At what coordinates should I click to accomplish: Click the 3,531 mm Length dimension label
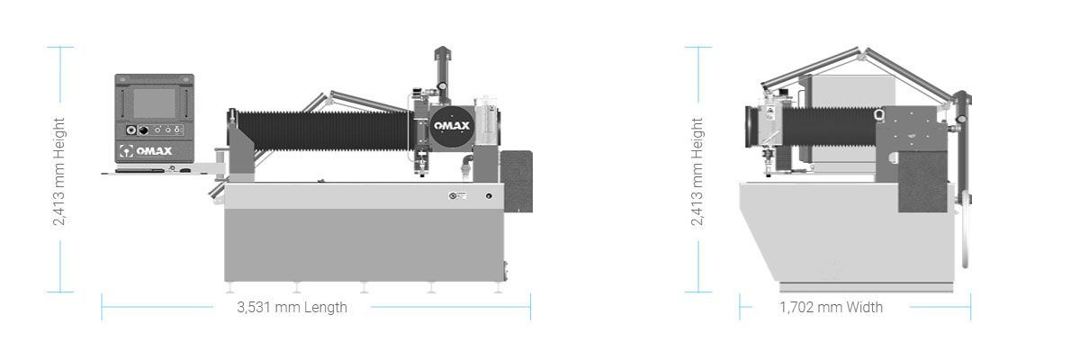tap(292, 307)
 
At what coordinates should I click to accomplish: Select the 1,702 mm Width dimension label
tap(831, 307)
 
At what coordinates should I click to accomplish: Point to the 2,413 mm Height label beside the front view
tap(58, 172)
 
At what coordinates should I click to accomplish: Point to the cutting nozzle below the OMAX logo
tap(422, 171)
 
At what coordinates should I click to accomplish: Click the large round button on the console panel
tap(141, 128)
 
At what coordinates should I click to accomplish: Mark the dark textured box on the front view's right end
tap(516, 180)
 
